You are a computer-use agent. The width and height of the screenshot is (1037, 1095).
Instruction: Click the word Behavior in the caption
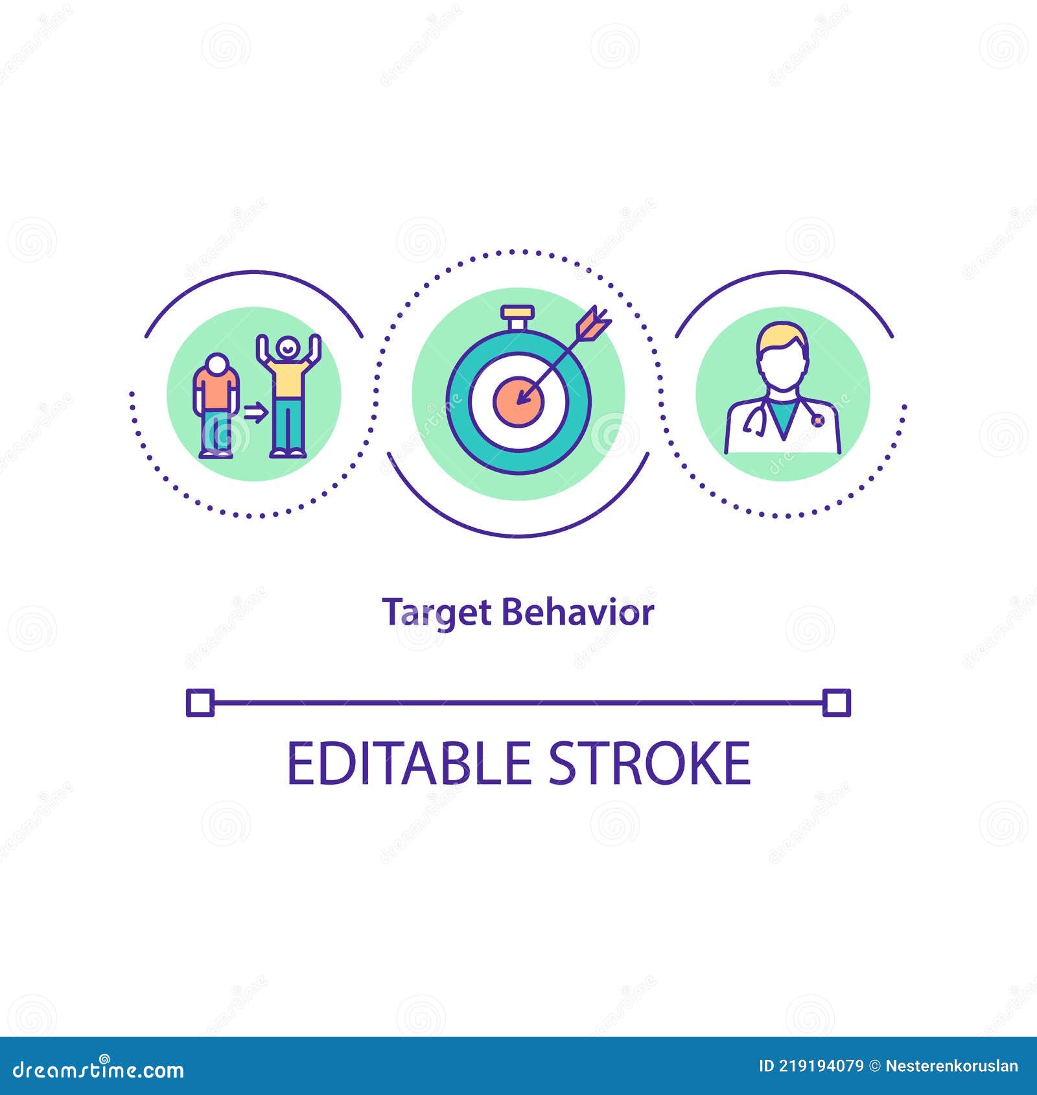coord(577,612)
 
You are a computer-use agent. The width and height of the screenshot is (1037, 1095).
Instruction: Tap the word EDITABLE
coord(409,763)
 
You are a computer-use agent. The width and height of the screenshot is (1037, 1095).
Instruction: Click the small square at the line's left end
coord(200,702)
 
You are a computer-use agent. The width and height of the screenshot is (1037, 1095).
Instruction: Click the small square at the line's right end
coord(836,702)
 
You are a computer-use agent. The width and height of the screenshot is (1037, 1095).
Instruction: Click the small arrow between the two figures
coord(255,411)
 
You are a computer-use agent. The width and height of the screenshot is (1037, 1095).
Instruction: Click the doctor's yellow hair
coord(783,336)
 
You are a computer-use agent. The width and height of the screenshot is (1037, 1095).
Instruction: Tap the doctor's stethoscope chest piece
coord(818,421)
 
